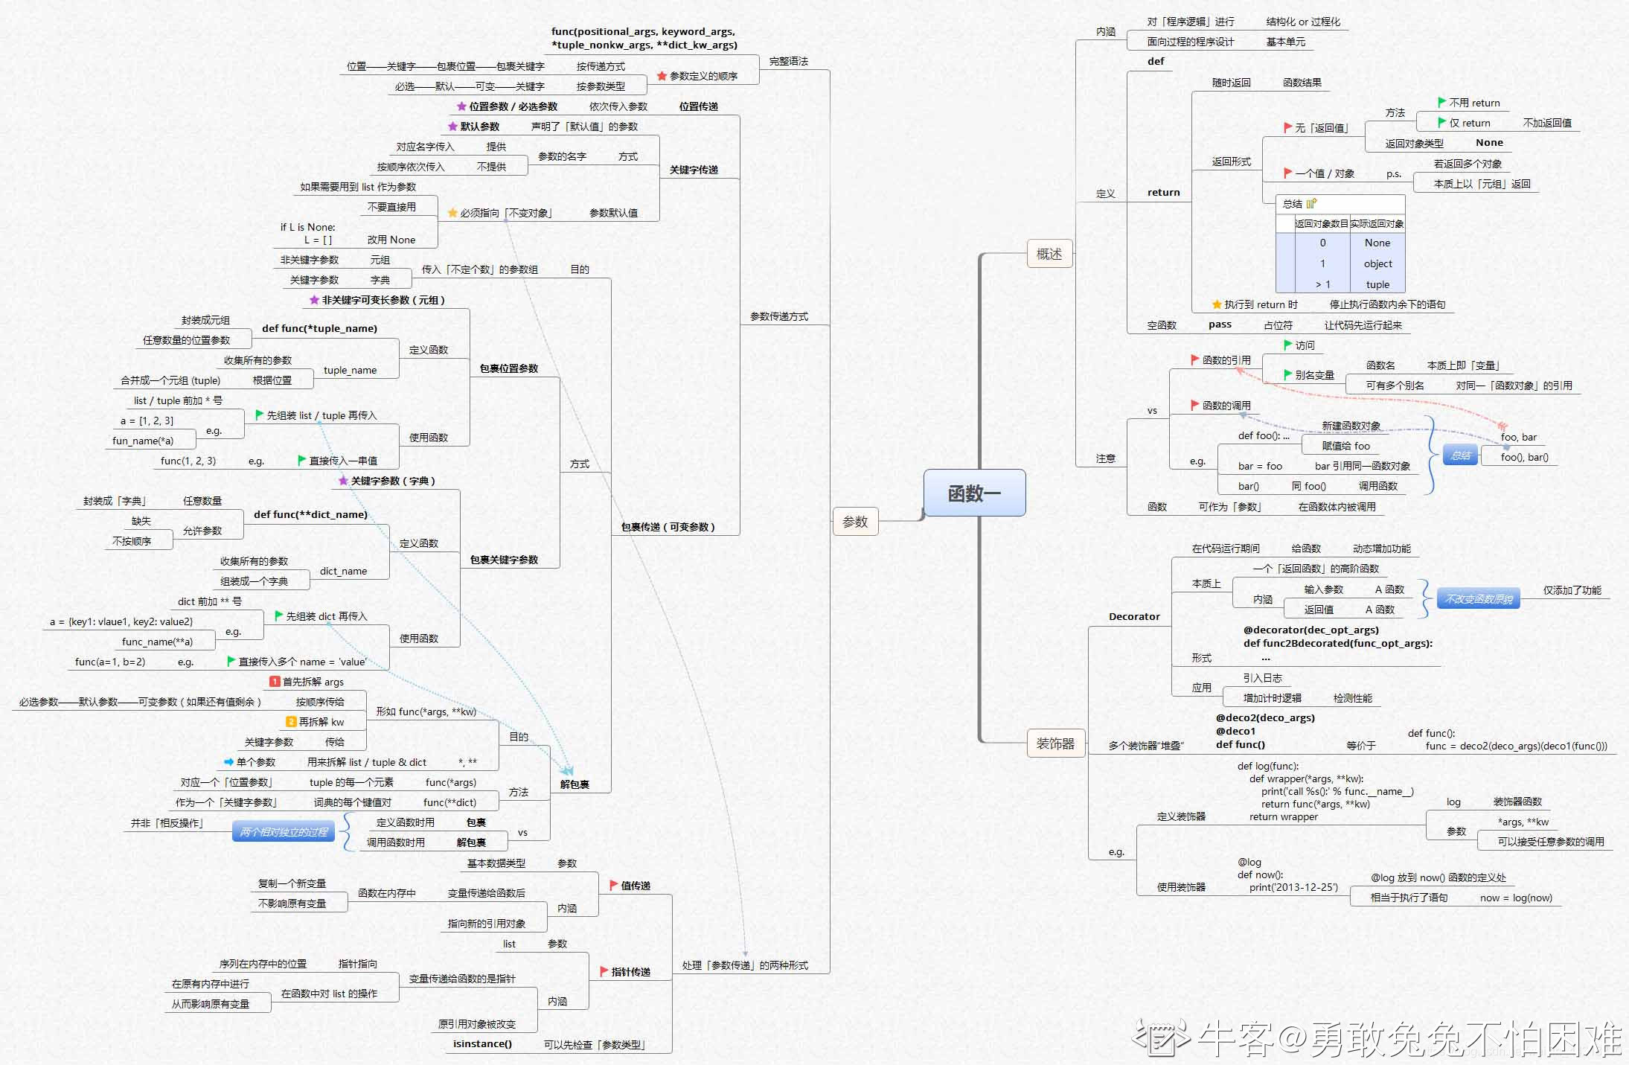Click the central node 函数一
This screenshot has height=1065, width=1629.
(974, 493)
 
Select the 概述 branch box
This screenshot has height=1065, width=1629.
(1049, 254)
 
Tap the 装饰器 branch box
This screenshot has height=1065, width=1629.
(1055, 743)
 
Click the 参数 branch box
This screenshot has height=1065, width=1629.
(855, 522)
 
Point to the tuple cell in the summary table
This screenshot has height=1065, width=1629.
(1377, 284)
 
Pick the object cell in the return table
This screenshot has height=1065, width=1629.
(1377, 263)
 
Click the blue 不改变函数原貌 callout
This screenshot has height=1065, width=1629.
(1479, 599)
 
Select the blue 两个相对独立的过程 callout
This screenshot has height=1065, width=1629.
(284, 832)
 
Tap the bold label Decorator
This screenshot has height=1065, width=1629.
(1134, 616)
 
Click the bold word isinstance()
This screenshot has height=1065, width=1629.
(482, 1043)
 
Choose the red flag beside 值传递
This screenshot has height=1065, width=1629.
(614, 885)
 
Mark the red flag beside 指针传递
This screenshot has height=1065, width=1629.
(604, 971)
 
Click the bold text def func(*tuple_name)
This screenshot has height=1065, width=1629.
(319, 328)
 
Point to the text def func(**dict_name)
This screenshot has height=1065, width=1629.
(310, 514)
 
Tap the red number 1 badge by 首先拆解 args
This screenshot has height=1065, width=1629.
(275, 682)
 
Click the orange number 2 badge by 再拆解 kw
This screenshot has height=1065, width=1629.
(292, 722)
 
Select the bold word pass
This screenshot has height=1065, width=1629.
(1220, 324)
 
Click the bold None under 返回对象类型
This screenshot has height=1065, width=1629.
(1489, 143)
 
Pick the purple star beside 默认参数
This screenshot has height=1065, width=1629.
(452, 127)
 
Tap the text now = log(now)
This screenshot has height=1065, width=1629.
(1516, 898)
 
